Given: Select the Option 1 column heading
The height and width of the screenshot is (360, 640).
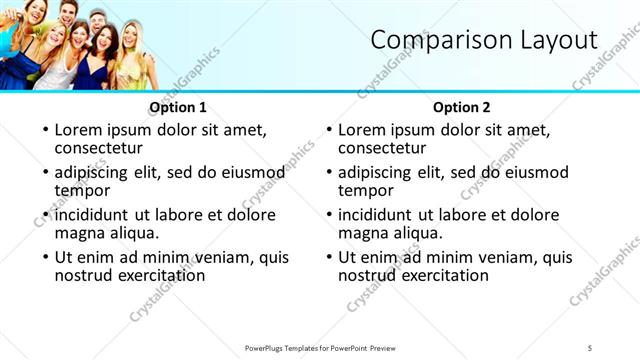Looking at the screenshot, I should click(x=178, y=107).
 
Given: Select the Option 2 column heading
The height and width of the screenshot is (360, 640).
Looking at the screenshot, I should click(x=462, y=107).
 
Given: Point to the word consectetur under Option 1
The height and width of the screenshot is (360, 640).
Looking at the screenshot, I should click(x=99, y=148).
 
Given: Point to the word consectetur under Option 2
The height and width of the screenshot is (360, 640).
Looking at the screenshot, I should click(x=383, y=148).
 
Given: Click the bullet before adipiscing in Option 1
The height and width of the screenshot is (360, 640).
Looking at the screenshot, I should click(x=45, y=173).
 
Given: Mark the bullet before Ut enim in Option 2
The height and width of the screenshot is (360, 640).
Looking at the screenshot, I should click(x=329, y=257).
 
